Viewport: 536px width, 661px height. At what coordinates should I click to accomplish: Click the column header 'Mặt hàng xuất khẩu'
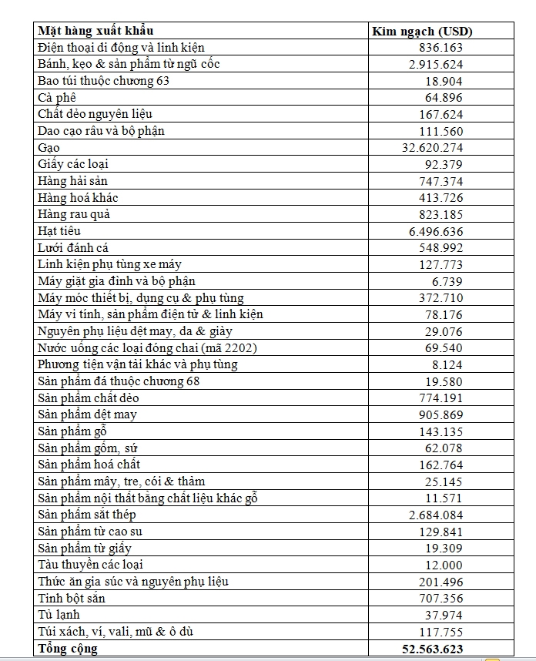[95, 31]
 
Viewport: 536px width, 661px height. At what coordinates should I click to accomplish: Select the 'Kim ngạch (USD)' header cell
[422, 32]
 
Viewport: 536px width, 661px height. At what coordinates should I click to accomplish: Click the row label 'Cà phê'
[57, 98]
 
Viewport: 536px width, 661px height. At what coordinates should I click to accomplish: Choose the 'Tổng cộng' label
[68, 649]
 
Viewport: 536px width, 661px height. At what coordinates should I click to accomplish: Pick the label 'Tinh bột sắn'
[72, 598]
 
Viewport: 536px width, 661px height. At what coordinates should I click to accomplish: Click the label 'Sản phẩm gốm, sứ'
[88, 448]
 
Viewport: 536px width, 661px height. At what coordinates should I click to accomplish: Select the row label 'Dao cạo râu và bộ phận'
[101, 131]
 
